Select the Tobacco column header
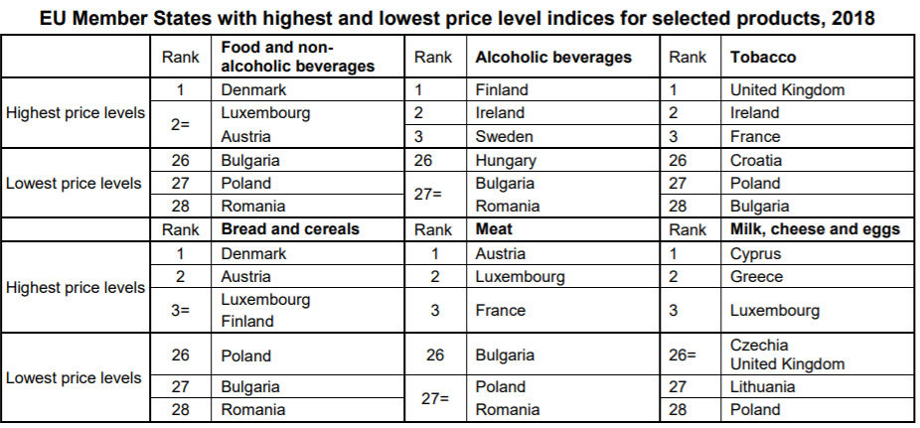[762, 57]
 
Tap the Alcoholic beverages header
[552, 57]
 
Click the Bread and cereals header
[289, 229]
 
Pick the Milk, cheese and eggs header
[814, 229]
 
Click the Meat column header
[494, 229]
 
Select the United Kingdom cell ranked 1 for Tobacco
[787, 89]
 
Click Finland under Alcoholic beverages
[502, 89]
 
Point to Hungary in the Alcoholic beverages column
[506, 160]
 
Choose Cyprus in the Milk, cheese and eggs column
[755, 253]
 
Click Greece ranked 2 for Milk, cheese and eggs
[756, 276]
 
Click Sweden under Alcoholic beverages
[504, 136]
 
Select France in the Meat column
[500, 310]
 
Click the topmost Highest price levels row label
[76, 113]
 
